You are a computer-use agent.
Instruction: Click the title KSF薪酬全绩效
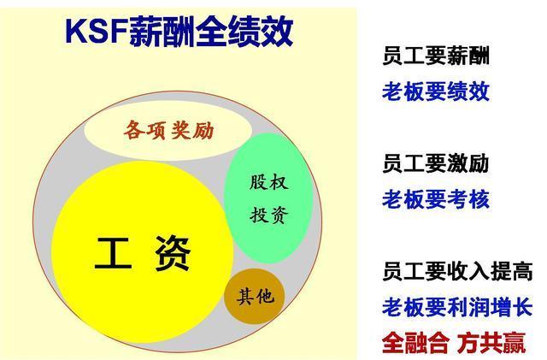click(x=179, y=31)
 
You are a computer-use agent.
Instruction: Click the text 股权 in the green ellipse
click(x=268, y=182)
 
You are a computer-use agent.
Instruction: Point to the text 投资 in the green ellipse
click(x=268, y=214)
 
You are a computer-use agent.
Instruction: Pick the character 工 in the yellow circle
click(x=113, y=254)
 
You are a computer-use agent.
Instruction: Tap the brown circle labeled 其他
click(x=255, y=297)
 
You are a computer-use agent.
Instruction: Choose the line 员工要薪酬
click(x=436, y=58)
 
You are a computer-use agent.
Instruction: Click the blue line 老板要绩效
click(x=436, y=91)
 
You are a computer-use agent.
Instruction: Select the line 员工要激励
click(x=436, y=164)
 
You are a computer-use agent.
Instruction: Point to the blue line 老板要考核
click(x=436, y=199)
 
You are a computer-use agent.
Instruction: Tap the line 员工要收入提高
click(x=457, y=272)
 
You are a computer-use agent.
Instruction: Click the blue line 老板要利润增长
click(x=457, y=306)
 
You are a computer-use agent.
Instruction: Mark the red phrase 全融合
click(x=415, y=342)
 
